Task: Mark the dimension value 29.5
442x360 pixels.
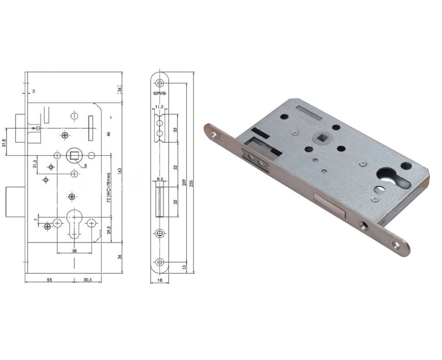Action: click(x=109, y=232)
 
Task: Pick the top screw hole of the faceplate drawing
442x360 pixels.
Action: click(x=160, y=83)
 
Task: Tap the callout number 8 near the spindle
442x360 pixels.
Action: click(x=86, y=165)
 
